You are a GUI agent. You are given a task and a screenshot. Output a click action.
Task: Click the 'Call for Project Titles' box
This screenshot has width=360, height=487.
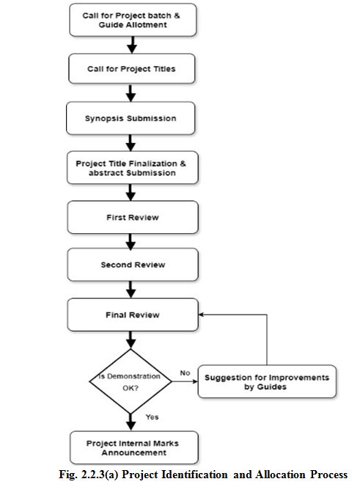132,69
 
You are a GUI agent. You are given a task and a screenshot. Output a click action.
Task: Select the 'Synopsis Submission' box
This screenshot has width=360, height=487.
131,118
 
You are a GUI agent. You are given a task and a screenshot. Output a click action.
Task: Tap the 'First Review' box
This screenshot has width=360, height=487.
133,217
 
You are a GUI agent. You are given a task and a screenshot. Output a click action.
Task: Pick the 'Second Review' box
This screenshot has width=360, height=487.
133,265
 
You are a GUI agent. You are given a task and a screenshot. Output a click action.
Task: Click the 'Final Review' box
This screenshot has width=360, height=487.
133,315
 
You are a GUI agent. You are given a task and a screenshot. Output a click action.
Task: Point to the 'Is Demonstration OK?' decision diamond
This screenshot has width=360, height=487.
131,381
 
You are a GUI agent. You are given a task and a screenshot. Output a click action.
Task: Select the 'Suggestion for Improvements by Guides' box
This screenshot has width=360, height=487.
267,381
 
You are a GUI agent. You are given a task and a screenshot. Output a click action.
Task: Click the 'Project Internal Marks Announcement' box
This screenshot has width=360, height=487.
134,447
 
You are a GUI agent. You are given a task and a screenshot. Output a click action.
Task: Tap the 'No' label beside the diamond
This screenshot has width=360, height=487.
185,373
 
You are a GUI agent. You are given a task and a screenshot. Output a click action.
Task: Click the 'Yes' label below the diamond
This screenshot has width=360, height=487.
153,417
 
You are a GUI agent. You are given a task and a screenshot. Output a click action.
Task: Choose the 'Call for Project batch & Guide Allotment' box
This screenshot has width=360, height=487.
133,20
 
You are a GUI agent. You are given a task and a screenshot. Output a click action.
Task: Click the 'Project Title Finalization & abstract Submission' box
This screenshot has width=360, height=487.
132,168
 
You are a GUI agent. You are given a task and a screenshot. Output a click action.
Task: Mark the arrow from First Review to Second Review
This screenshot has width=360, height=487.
131,241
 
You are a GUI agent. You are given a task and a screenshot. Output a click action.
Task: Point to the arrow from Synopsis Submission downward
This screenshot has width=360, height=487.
131,143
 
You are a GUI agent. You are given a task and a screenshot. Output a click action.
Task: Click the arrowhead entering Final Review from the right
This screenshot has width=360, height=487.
201,315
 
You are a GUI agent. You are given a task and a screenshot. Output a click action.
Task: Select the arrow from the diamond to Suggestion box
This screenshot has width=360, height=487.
185,381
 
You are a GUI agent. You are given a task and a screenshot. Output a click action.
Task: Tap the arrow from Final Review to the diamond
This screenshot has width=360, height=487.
131,340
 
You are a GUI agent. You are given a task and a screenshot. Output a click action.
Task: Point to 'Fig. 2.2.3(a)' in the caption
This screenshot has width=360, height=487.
89,475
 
